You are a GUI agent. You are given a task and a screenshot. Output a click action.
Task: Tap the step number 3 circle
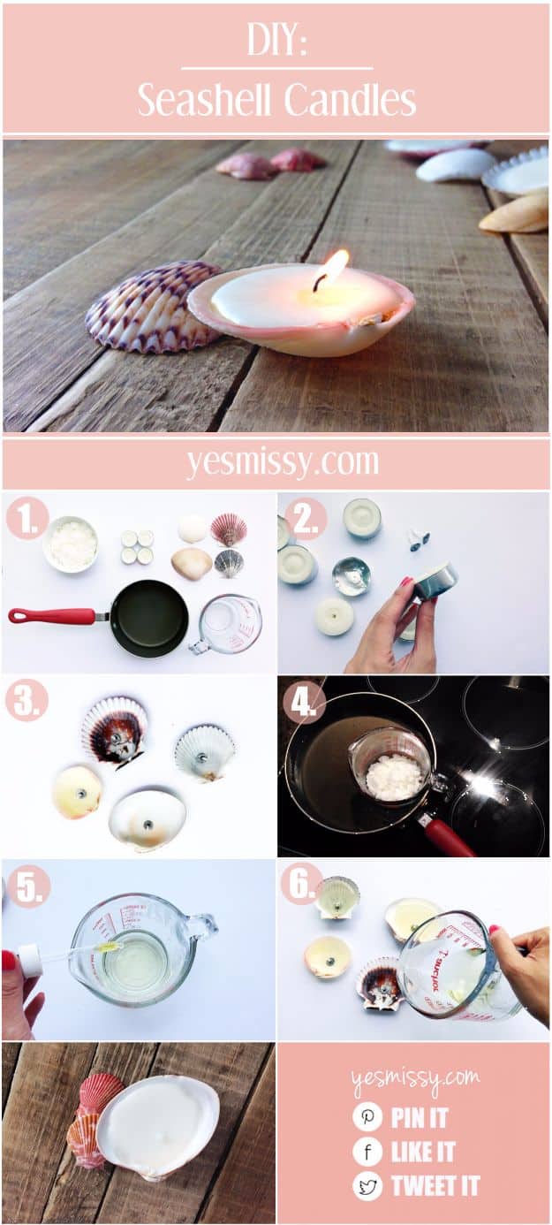point(26,700)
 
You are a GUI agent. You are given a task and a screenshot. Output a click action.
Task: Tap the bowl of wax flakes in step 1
point(71,544)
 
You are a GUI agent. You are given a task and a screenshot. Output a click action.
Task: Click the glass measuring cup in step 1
point(227,625)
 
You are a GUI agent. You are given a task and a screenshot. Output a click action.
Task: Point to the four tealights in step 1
point(137,548)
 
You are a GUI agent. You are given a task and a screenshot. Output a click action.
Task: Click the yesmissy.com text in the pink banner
point(283,462)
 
